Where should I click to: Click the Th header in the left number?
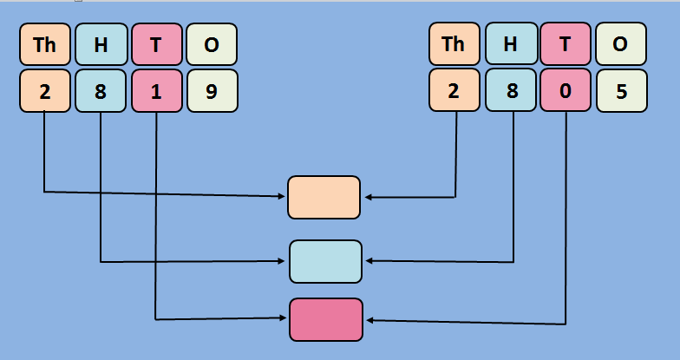pyautogui.click(x=45, y=44)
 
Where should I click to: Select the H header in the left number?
pyautogui.click(x=101, y=44)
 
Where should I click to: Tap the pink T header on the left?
pyautogui.click(x=156, y=44)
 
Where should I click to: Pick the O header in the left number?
pyautogui.click(x=212, y=44)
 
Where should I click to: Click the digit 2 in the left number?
pyautogui.click(x=45, y=90)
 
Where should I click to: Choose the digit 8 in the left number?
pyautogui.click(x=101, y=90)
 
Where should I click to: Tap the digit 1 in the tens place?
pyautogui.click(x=156, y=90)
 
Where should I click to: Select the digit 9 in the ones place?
pyautogui.click(x=212, y=90)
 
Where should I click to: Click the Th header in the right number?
pyautogui.click(x=454, y=44)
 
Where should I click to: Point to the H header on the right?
pyautogui.click(x=510, y=44)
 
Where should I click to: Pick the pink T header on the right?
pyautogui.click(x=566, y=44)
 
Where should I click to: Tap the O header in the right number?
pyautogui.click(x=620, y=44)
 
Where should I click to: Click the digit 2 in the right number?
pyautogui.click(x=454, y=90)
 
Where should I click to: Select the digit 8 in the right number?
pyautogui.click(x=510, y=90)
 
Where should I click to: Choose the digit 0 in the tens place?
pyautogui.click(x=566, y=90)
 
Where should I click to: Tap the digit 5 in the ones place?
pyautogui.click(x=620, y=90)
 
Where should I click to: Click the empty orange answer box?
pyautogui.click(x=324, y=197)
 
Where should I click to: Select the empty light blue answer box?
pyautogui.click(x=325, y=261)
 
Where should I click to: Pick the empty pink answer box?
pyautogui.click(x=325, y=319)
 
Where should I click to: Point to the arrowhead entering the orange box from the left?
pyautogui.click(x=283, y=196)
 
